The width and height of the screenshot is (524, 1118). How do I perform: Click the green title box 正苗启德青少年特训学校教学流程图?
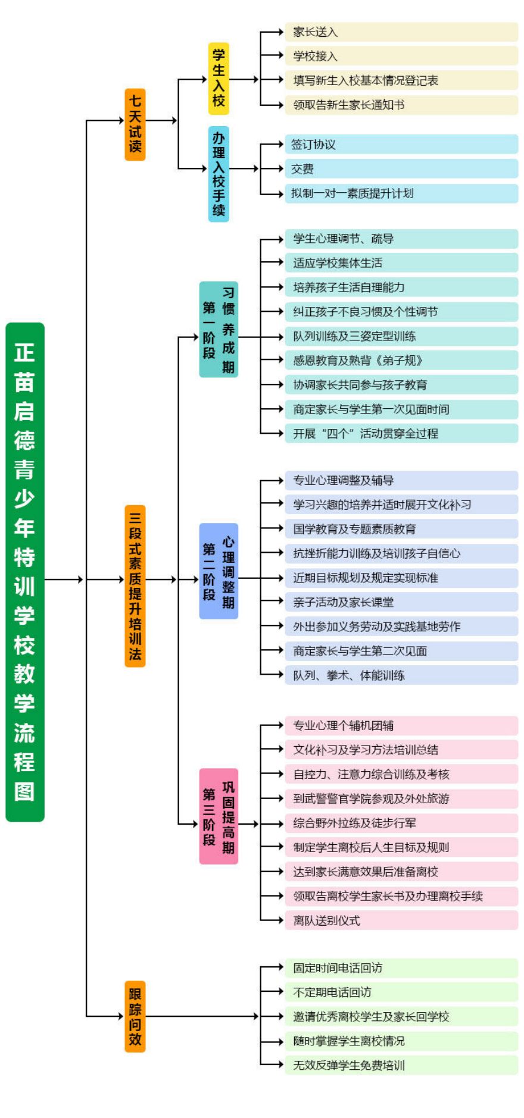click(24, 571)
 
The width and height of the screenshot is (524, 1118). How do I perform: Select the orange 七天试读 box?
click(135, 124)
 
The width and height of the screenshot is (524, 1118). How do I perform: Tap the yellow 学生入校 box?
click(219, 79)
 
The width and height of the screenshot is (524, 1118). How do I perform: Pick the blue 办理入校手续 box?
click(219, 174)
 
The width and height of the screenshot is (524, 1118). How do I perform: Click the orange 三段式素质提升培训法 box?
click(135, 585)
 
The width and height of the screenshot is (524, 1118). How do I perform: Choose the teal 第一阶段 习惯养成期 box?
click(219, 329)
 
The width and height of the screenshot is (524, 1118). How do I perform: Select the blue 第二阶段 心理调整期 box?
click(219, 571)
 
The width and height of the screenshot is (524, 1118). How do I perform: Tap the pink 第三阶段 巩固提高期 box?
click(219, 816)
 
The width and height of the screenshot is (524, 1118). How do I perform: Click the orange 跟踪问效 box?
click(135, 1016)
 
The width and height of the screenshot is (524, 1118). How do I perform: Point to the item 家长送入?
click(401, 32)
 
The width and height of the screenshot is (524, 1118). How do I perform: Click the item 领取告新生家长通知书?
click(401, 105)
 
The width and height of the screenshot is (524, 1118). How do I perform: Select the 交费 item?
click(401, 169)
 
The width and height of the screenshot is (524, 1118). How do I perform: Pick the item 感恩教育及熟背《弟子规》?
click(401, 361)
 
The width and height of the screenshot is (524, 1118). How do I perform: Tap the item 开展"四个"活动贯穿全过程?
click(401, 434)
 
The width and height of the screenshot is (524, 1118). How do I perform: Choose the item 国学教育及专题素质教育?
click(401, 529)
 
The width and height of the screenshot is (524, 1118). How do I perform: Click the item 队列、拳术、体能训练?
click(401, 675)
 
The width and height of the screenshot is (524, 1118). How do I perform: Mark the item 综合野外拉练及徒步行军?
click(401, 823)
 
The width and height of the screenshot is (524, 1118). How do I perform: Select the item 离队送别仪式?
click(401, 920)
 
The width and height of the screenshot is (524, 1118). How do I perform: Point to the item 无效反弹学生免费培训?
click(401, 1065)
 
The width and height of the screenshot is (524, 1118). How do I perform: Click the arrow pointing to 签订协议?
click(273, 144)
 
